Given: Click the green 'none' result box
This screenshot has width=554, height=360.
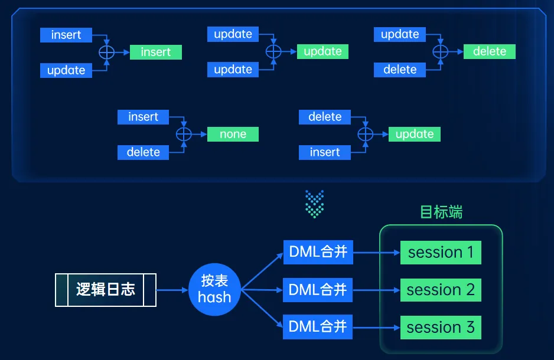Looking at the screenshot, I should tap(233, 134).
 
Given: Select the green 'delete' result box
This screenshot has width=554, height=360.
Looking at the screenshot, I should tap(490, 51).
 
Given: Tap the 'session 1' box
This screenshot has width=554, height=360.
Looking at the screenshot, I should tap(441, 253).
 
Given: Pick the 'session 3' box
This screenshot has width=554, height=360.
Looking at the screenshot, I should tap(441, 327).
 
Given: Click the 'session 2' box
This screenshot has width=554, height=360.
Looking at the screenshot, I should tap(441, 290).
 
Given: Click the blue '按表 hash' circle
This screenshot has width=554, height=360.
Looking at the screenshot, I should tap(214, 289).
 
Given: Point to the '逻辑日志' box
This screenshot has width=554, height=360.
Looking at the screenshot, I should tap(106, 289).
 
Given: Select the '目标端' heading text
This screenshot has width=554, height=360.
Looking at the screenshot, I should tap(441, 212).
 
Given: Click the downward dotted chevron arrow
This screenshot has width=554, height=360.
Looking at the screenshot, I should tap(315, 202).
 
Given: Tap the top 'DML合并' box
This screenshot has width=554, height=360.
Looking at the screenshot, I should tap(318, 253).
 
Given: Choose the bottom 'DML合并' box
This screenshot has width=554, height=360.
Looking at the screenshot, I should tap(318, 326).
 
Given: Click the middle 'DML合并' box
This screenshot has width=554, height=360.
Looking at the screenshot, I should tap(318, 290).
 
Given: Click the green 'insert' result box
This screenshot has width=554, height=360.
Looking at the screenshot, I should tap(156, 52).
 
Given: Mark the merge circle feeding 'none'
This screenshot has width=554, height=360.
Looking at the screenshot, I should tap(185, 134).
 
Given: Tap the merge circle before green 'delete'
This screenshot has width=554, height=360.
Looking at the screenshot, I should tap(440, 51).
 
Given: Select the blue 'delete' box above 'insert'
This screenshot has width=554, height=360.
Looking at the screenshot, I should tap(325, 117).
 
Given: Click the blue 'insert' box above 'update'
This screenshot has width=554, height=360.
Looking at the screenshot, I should tap(66, 35).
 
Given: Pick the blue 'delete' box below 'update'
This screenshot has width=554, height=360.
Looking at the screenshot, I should tap(400, 70).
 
